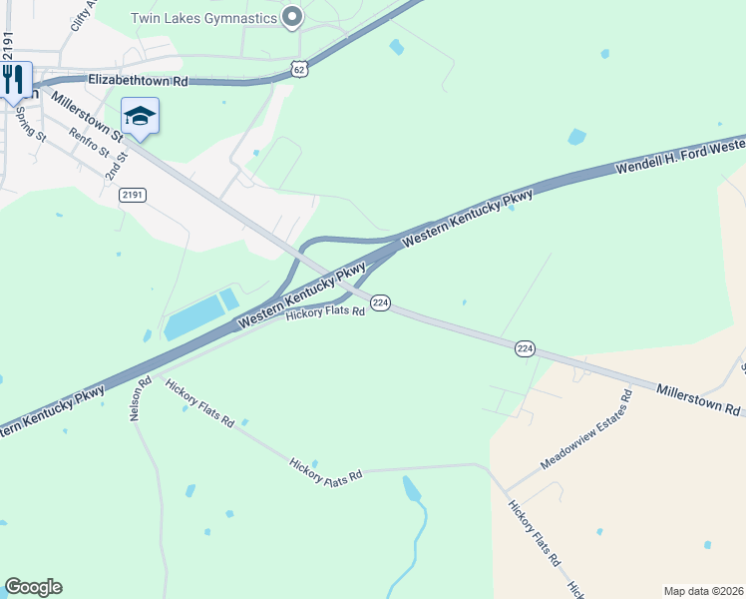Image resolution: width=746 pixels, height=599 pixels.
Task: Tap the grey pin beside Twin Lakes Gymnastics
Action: pyautogui.click(x=292, y=17)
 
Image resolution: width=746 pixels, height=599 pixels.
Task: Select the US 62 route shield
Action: pyautogui.click(x=300, y=68)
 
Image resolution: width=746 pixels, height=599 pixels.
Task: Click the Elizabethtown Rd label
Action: pyautogui.click(x=138, y=80)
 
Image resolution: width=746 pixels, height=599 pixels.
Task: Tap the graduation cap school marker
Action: pyautogui.click(x=140, y=116)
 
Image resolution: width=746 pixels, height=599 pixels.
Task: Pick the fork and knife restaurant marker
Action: pyautogui.click(x=14, y=79)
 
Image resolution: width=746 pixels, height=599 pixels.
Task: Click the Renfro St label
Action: pyautogui.click(x=89, y=147)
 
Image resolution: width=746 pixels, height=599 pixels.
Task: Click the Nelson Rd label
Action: pyautogui.click(x=139, y=397)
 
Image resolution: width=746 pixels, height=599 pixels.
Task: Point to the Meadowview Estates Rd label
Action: pyautogui.click(x=586, y=430)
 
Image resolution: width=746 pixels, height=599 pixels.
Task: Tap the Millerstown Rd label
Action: pyautogui.click(x=698, y=398)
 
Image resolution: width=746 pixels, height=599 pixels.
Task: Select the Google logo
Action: pyautogui.click(x=33, y=587)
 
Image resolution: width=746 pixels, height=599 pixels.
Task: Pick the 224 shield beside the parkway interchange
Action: pyautogui.click(x=379, y=301)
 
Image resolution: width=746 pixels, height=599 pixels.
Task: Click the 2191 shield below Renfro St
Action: pyautogui.click(x=132, y=195)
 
